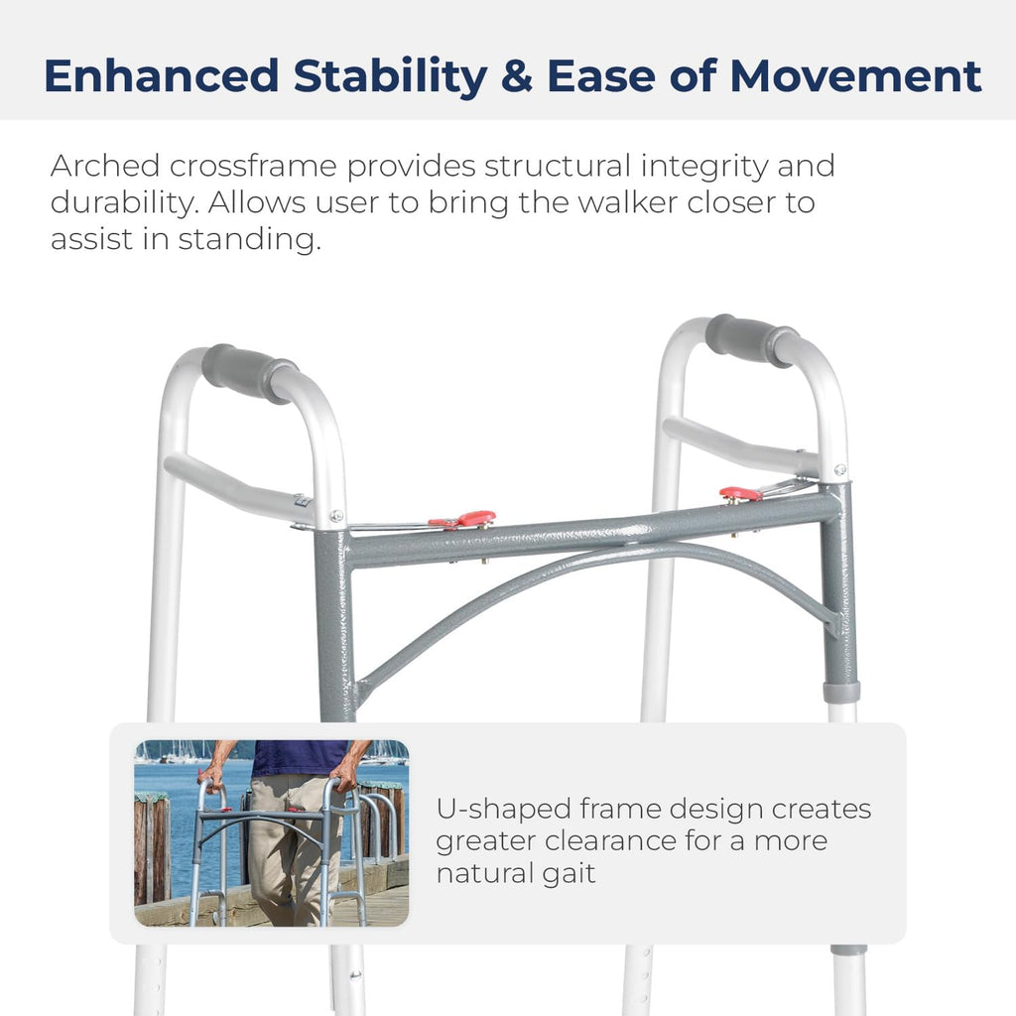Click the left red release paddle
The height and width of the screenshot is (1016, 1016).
[x=464, y=519]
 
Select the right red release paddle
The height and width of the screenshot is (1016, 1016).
[x=741, y=493]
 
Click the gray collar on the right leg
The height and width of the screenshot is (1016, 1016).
[x=841, y=692]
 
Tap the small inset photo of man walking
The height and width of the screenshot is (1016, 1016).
[x=271, y=833]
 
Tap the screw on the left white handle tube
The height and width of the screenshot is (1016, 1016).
[x=337, y=515]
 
